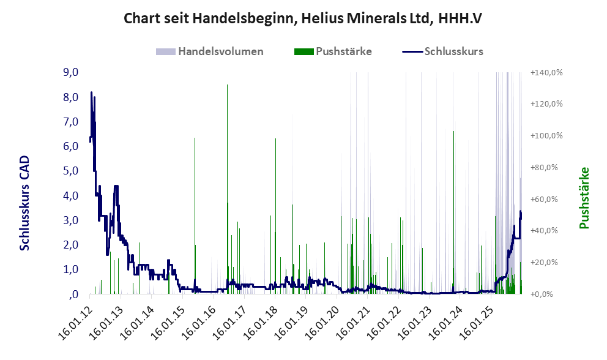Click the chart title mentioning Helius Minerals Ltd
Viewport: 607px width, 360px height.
[303, 18]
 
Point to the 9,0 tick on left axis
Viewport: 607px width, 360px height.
[71, 72]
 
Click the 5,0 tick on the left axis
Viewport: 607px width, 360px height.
[71, 171]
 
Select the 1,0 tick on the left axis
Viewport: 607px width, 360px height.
[71, 269]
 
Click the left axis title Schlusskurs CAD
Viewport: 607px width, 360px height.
[24, 203]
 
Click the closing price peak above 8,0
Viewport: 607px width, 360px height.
[91, 93]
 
